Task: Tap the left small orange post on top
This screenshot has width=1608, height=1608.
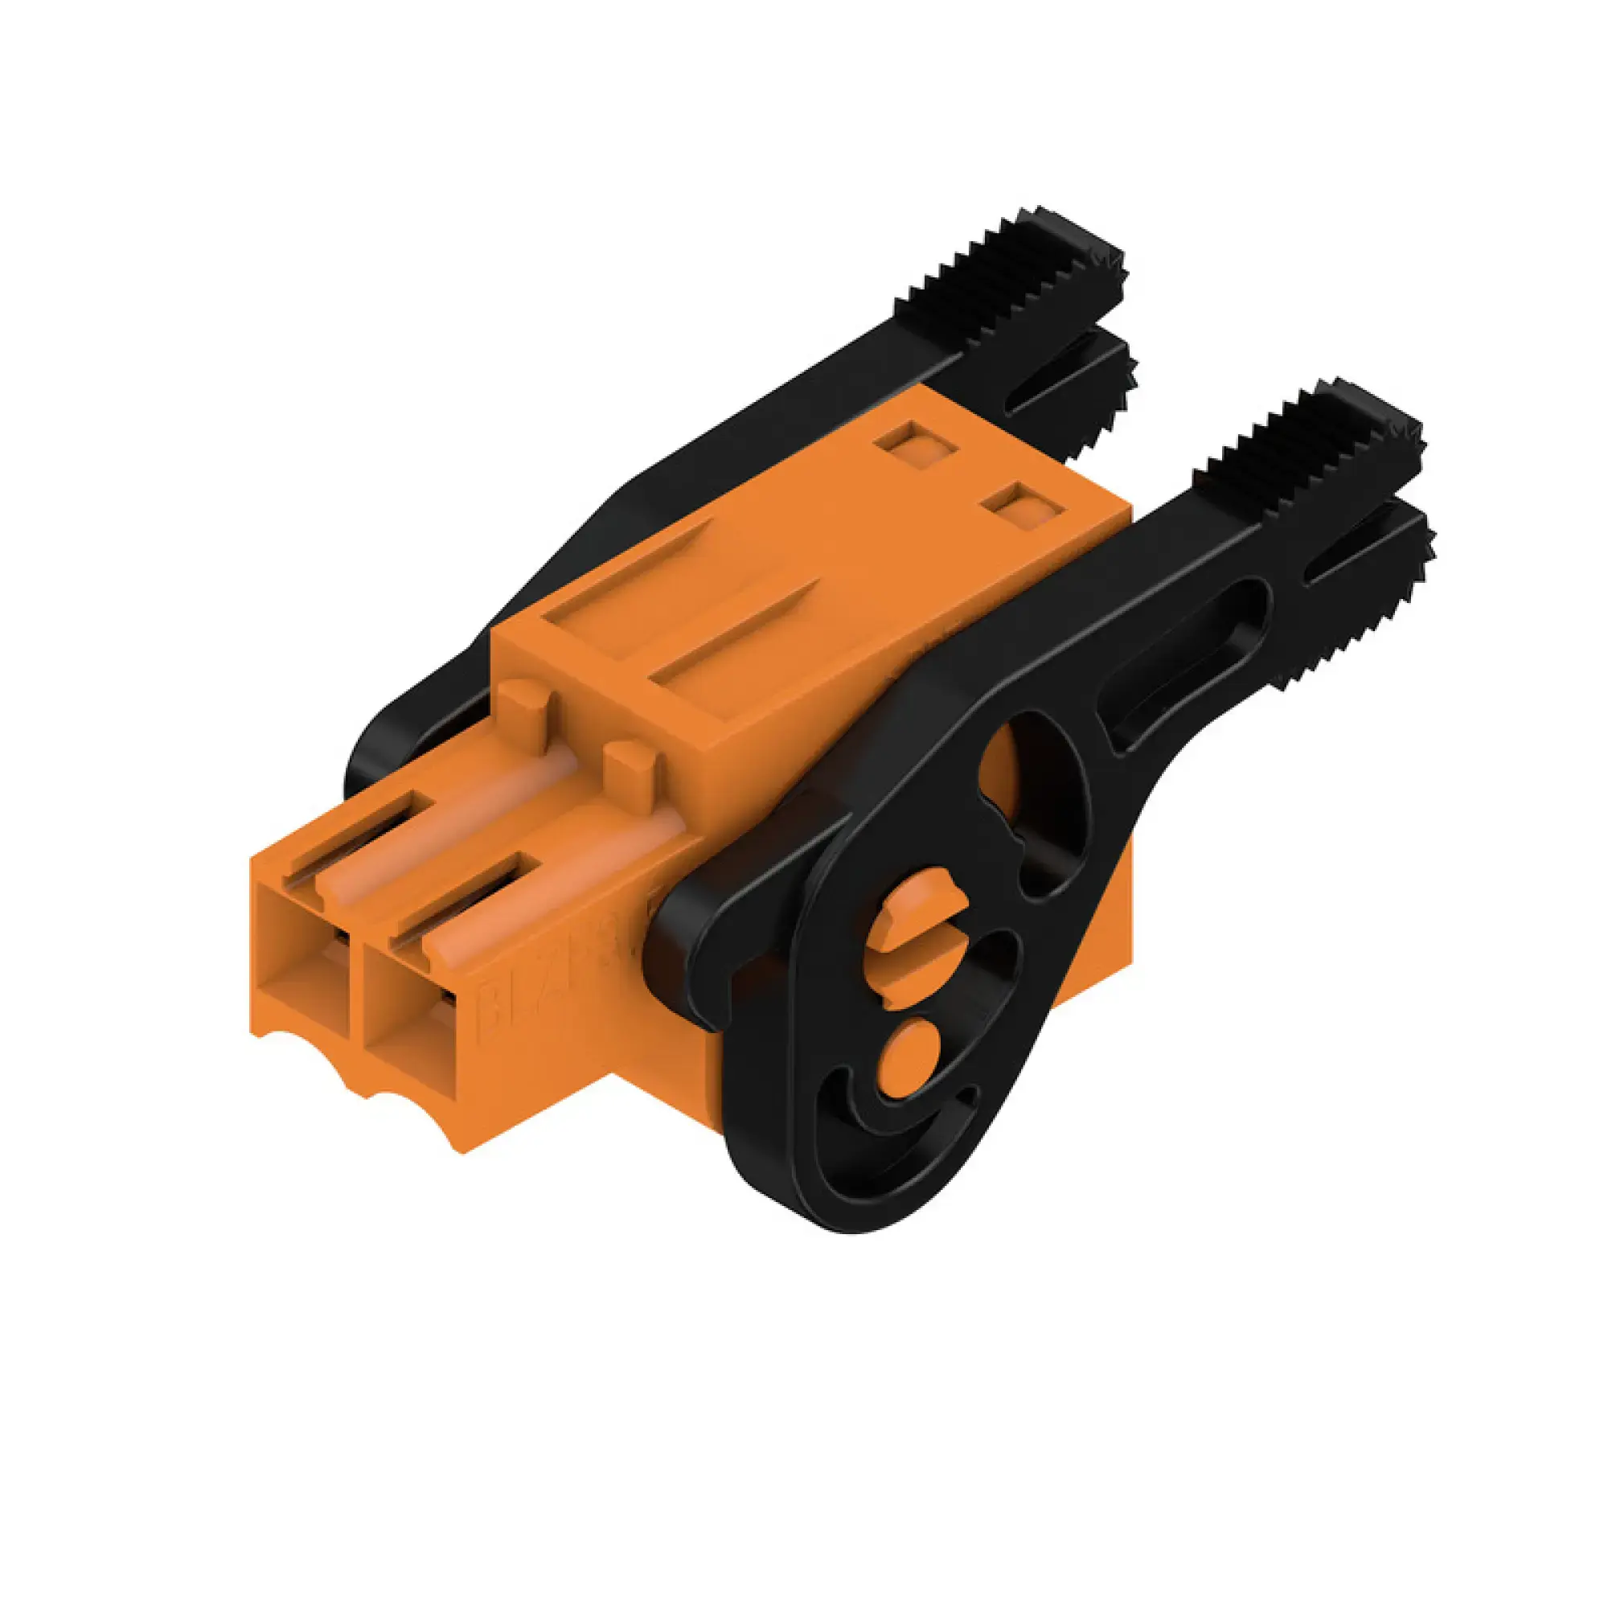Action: pos(525,708)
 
